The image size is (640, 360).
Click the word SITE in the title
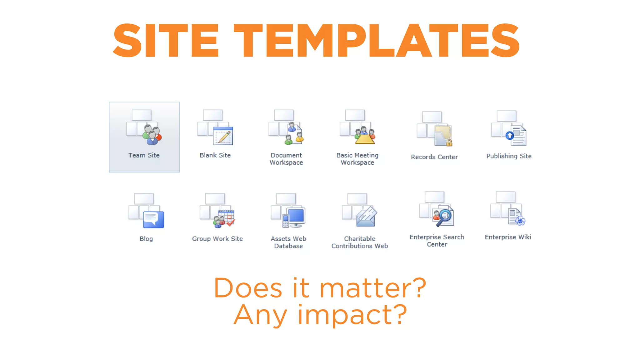coord(166,41)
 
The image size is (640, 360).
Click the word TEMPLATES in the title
coord(377,41)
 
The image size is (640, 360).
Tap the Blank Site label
coord(215,155)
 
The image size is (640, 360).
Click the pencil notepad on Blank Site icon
coord(223,136)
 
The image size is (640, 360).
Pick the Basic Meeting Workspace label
coord(357,159)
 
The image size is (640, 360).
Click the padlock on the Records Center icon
coord(449,143)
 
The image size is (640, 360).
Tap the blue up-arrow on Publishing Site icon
coord(510,136)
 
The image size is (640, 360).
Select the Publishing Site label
coord(509,156)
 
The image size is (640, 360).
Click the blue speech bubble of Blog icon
coord(153,219)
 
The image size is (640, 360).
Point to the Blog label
coord(146,239)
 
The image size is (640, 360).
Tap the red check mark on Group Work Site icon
coord(231,223)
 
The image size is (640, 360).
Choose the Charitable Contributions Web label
coord(360,242)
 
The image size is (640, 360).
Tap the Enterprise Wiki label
coord(508,237)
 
